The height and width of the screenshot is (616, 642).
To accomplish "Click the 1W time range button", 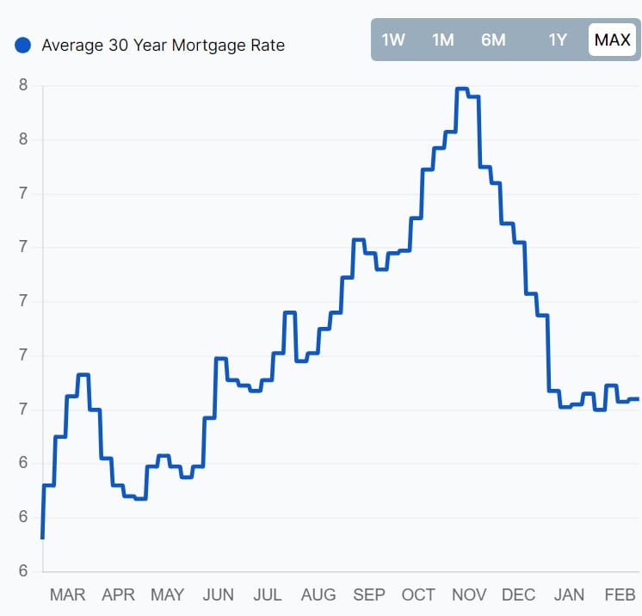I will [x=393, y=40].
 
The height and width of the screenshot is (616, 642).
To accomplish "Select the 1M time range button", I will [x=442, y=40].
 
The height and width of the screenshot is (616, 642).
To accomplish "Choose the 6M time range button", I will [x=493, y=40].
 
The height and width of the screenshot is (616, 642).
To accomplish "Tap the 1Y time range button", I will [x=559, y=40].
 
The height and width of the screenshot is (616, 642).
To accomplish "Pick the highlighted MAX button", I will [x=613, y=40].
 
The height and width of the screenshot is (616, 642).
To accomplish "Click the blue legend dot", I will [x=23, y=45].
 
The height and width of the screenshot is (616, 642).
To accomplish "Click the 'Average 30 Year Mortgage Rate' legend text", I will [x=163, y=45].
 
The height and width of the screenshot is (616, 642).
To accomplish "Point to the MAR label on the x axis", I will [x=67, y=594].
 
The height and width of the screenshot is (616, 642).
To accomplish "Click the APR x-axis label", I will [x=118, y=594].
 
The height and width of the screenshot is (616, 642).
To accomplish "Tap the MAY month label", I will [x=167, y=594].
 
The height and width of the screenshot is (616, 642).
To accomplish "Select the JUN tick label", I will [x=218, y=594].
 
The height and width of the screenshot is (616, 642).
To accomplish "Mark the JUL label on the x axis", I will [x=268, y=594].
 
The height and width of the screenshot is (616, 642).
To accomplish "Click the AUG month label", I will [x=318, y=594].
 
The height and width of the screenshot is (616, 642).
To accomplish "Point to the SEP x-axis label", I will [x=369, y=594].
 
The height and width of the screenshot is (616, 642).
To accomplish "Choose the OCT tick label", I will [x=418, y=594].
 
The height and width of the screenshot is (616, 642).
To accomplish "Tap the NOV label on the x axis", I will [x=469, y=594].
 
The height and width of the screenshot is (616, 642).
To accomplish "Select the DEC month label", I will [x=519, y=594].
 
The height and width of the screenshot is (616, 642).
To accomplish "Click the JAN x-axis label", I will [x=569, y=594].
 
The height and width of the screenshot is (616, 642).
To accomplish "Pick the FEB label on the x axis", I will [x=620, y=594].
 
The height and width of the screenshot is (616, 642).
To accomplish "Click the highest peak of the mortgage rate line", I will [x=461, y=89].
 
